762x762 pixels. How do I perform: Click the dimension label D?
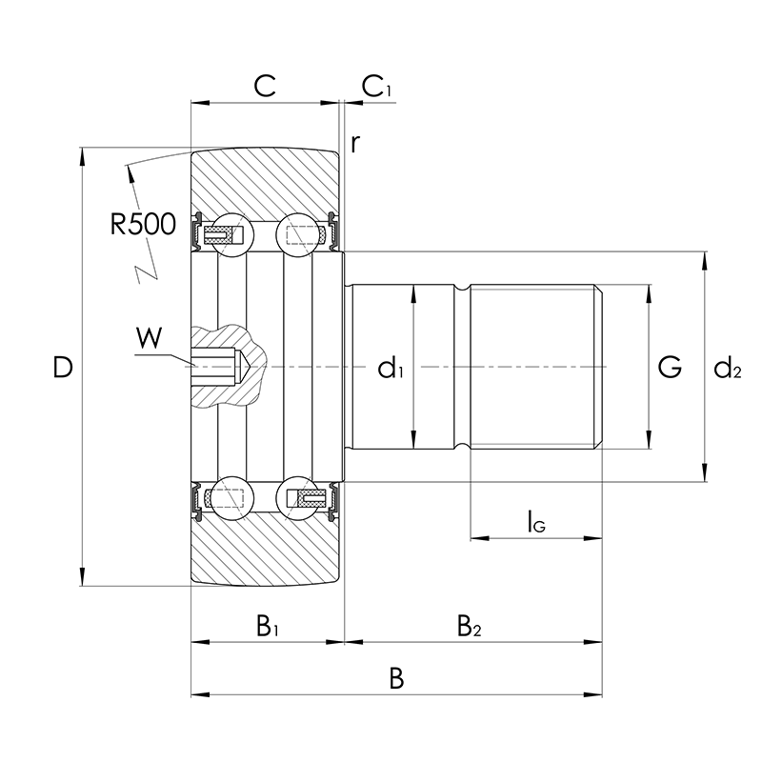pos(63,368)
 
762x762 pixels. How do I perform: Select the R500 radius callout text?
pos(143,224)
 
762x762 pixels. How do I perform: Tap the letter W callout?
pos(150,338)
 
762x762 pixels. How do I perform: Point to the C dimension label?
pos(265,86)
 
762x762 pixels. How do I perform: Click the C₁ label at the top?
pos(376,87)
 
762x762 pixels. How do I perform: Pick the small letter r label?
pos(355,144)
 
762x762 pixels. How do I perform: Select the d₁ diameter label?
pos(391,368)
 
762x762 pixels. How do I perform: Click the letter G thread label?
pos(670,367)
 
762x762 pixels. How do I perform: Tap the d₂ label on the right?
pos(728,368)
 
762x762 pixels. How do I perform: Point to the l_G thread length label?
pos(536,522)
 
